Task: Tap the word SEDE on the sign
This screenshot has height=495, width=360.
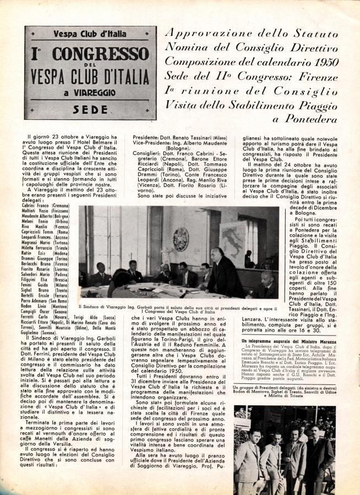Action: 90,109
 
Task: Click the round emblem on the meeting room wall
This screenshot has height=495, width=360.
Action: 180,239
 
